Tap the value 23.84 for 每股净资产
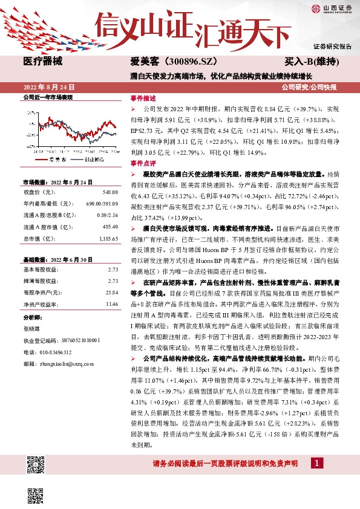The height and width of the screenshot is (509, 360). click(112, 292)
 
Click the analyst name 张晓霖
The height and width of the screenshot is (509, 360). click(33, 329)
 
